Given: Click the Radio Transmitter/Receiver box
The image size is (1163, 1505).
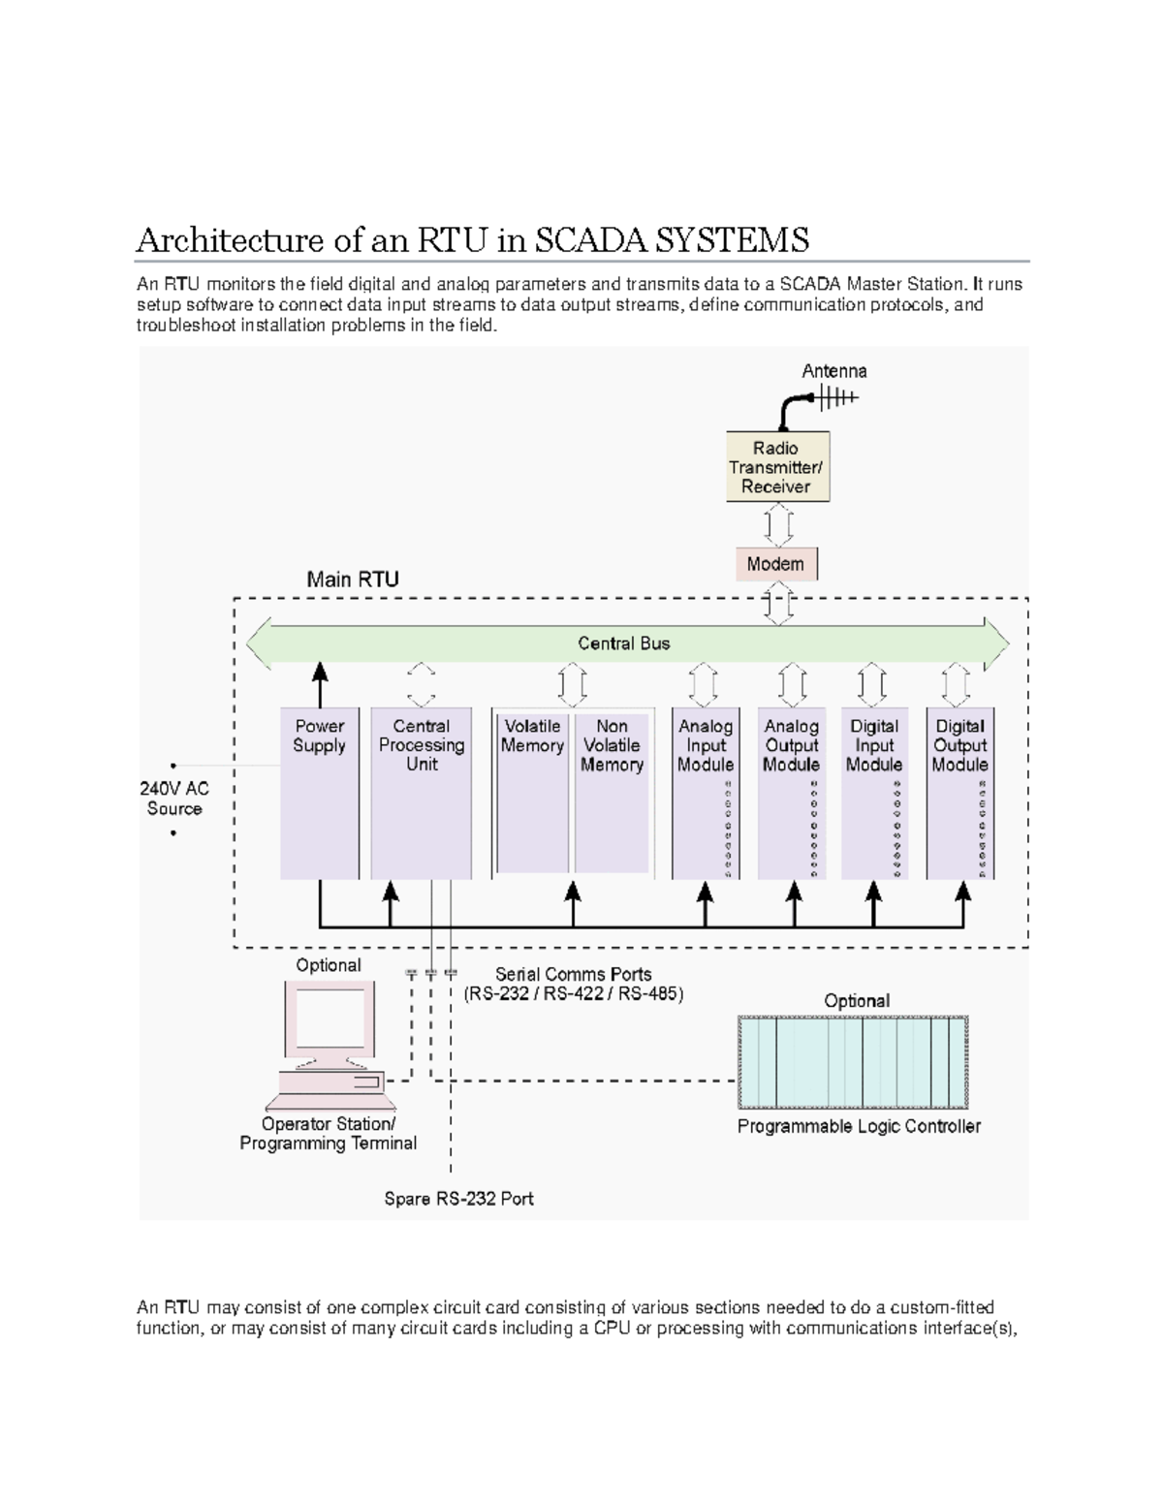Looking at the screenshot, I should [777, 467].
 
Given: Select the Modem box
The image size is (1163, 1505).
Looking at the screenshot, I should [775, 564].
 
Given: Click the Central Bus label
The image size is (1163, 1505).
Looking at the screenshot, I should [623, 643].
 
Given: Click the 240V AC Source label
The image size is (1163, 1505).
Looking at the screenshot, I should [174, 799].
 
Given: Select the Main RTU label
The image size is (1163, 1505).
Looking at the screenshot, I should [353, 580].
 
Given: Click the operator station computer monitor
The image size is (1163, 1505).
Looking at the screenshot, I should [330, 1019].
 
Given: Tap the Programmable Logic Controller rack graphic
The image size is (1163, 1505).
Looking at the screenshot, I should [853, 1062].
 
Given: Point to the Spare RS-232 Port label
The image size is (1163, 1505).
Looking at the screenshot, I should [458, 1199].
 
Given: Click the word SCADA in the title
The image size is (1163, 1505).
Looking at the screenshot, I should [590, 239].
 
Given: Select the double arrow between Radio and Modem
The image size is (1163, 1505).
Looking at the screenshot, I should [778, 526].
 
